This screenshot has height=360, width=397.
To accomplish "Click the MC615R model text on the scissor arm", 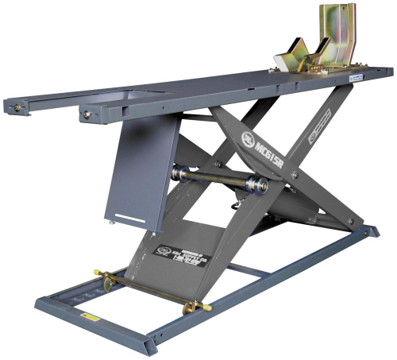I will (274, 151).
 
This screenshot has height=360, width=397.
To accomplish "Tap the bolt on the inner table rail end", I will (84, 116).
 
